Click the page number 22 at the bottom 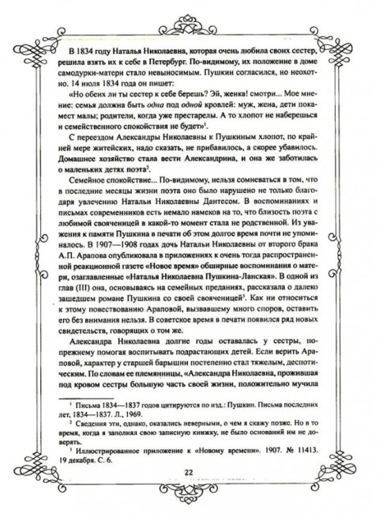coord(189,473)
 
